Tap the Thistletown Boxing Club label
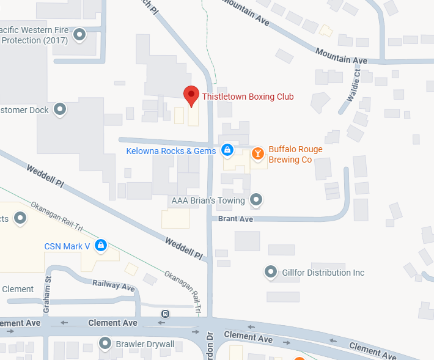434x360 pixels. click(x=248, y=97)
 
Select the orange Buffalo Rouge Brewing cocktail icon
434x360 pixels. click(x=258, y=153)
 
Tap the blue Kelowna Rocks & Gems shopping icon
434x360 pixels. click(x=227, y=149)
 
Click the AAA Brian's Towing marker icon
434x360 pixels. click(x=257, y=199)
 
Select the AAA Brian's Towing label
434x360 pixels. click(x=208, y=200)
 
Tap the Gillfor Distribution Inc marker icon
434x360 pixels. click(x=270, y=271)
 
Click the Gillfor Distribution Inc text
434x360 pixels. click(x=323, y=272)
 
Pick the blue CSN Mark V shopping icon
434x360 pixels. click(x=101, y=246)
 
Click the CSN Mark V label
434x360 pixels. click(x=67, y=246)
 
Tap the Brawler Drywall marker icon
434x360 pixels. click(x=105, y=343)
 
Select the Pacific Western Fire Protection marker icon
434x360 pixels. click(x=79, y=35)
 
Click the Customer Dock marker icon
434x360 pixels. click(x=60, y=110)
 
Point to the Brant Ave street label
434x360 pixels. click(x=235, y=218)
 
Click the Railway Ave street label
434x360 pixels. click(x=113, y=285)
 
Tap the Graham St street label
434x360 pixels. click(x=46, y=287)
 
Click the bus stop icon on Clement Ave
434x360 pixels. click(x=165, y=314)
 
